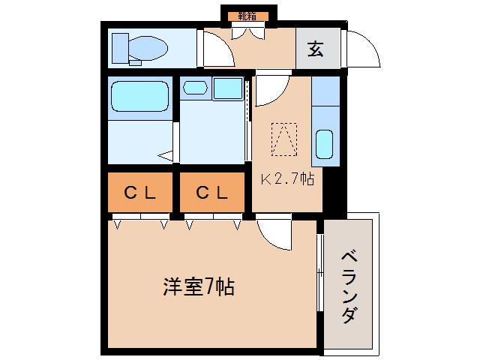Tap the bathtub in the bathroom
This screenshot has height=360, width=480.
coord(139,96)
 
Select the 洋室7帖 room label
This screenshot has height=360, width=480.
coord(199,286)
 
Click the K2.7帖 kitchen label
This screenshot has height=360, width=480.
coord(287,179)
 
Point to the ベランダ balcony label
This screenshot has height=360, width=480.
coord(349,286)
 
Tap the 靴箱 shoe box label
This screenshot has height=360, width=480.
coord(247,14)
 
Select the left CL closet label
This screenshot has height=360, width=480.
coord(139,192)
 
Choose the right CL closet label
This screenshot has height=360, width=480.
coord(211,192)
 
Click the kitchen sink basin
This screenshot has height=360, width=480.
coord(325,143)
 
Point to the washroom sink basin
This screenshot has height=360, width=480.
coord(195,88)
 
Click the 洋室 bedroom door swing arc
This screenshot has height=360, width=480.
coord(274,233)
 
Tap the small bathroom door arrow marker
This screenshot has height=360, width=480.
coord(166,156)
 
